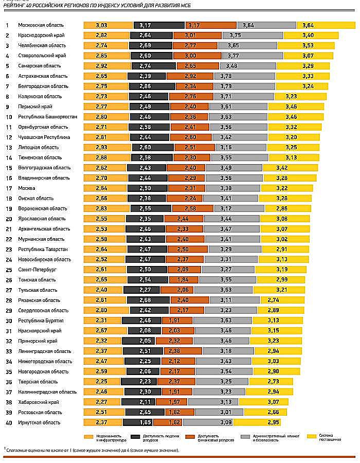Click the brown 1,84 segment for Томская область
pyautogui.click(x=184, y=280)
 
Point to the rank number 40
pyautogui.click(x=8, y=423)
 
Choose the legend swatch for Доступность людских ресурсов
pyautogui.click(x=136, y=436)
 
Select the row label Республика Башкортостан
pyautogui.click(x=47, y=117)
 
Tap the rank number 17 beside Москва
pyautogui.click(x=8, y=188)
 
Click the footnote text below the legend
pyautogui.click(x=93, y=450)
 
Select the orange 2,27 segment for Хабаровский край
pyautogui.click(x=101, y=402)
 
